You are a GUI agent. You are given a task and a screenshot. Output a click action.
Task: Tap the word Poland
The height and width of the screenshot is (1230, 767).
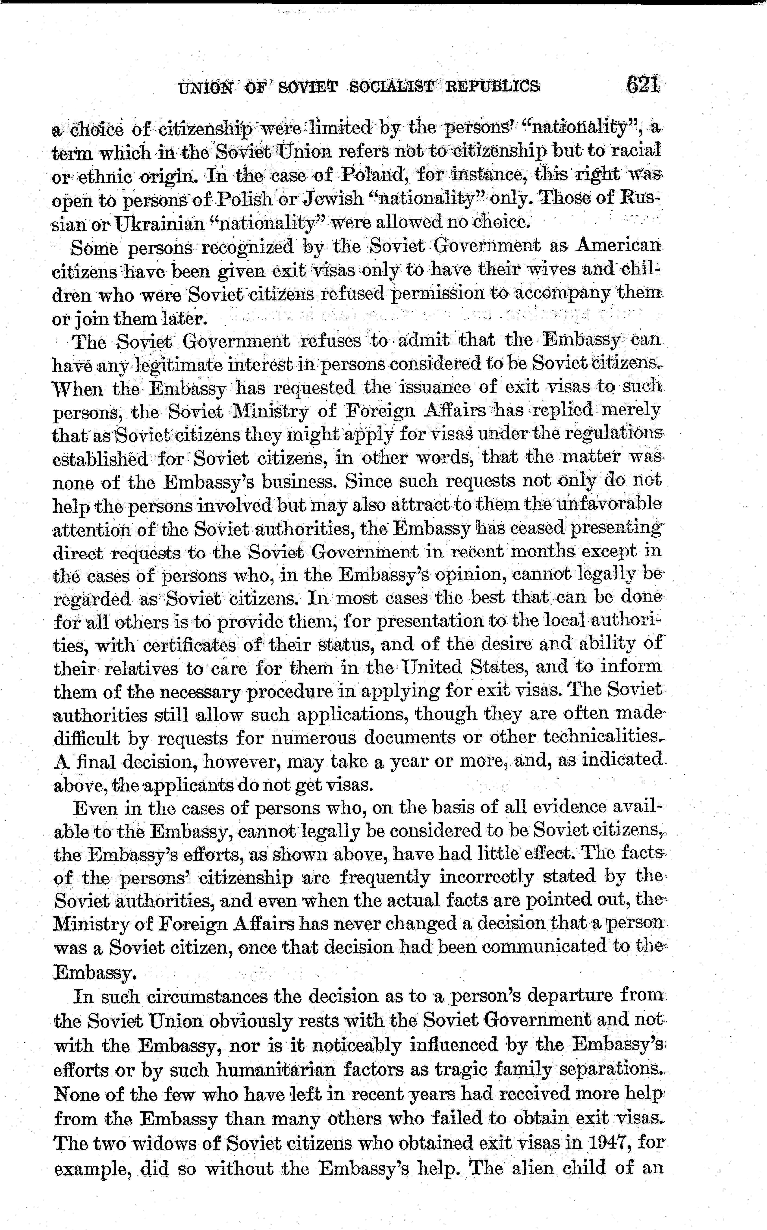(372, 175)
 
